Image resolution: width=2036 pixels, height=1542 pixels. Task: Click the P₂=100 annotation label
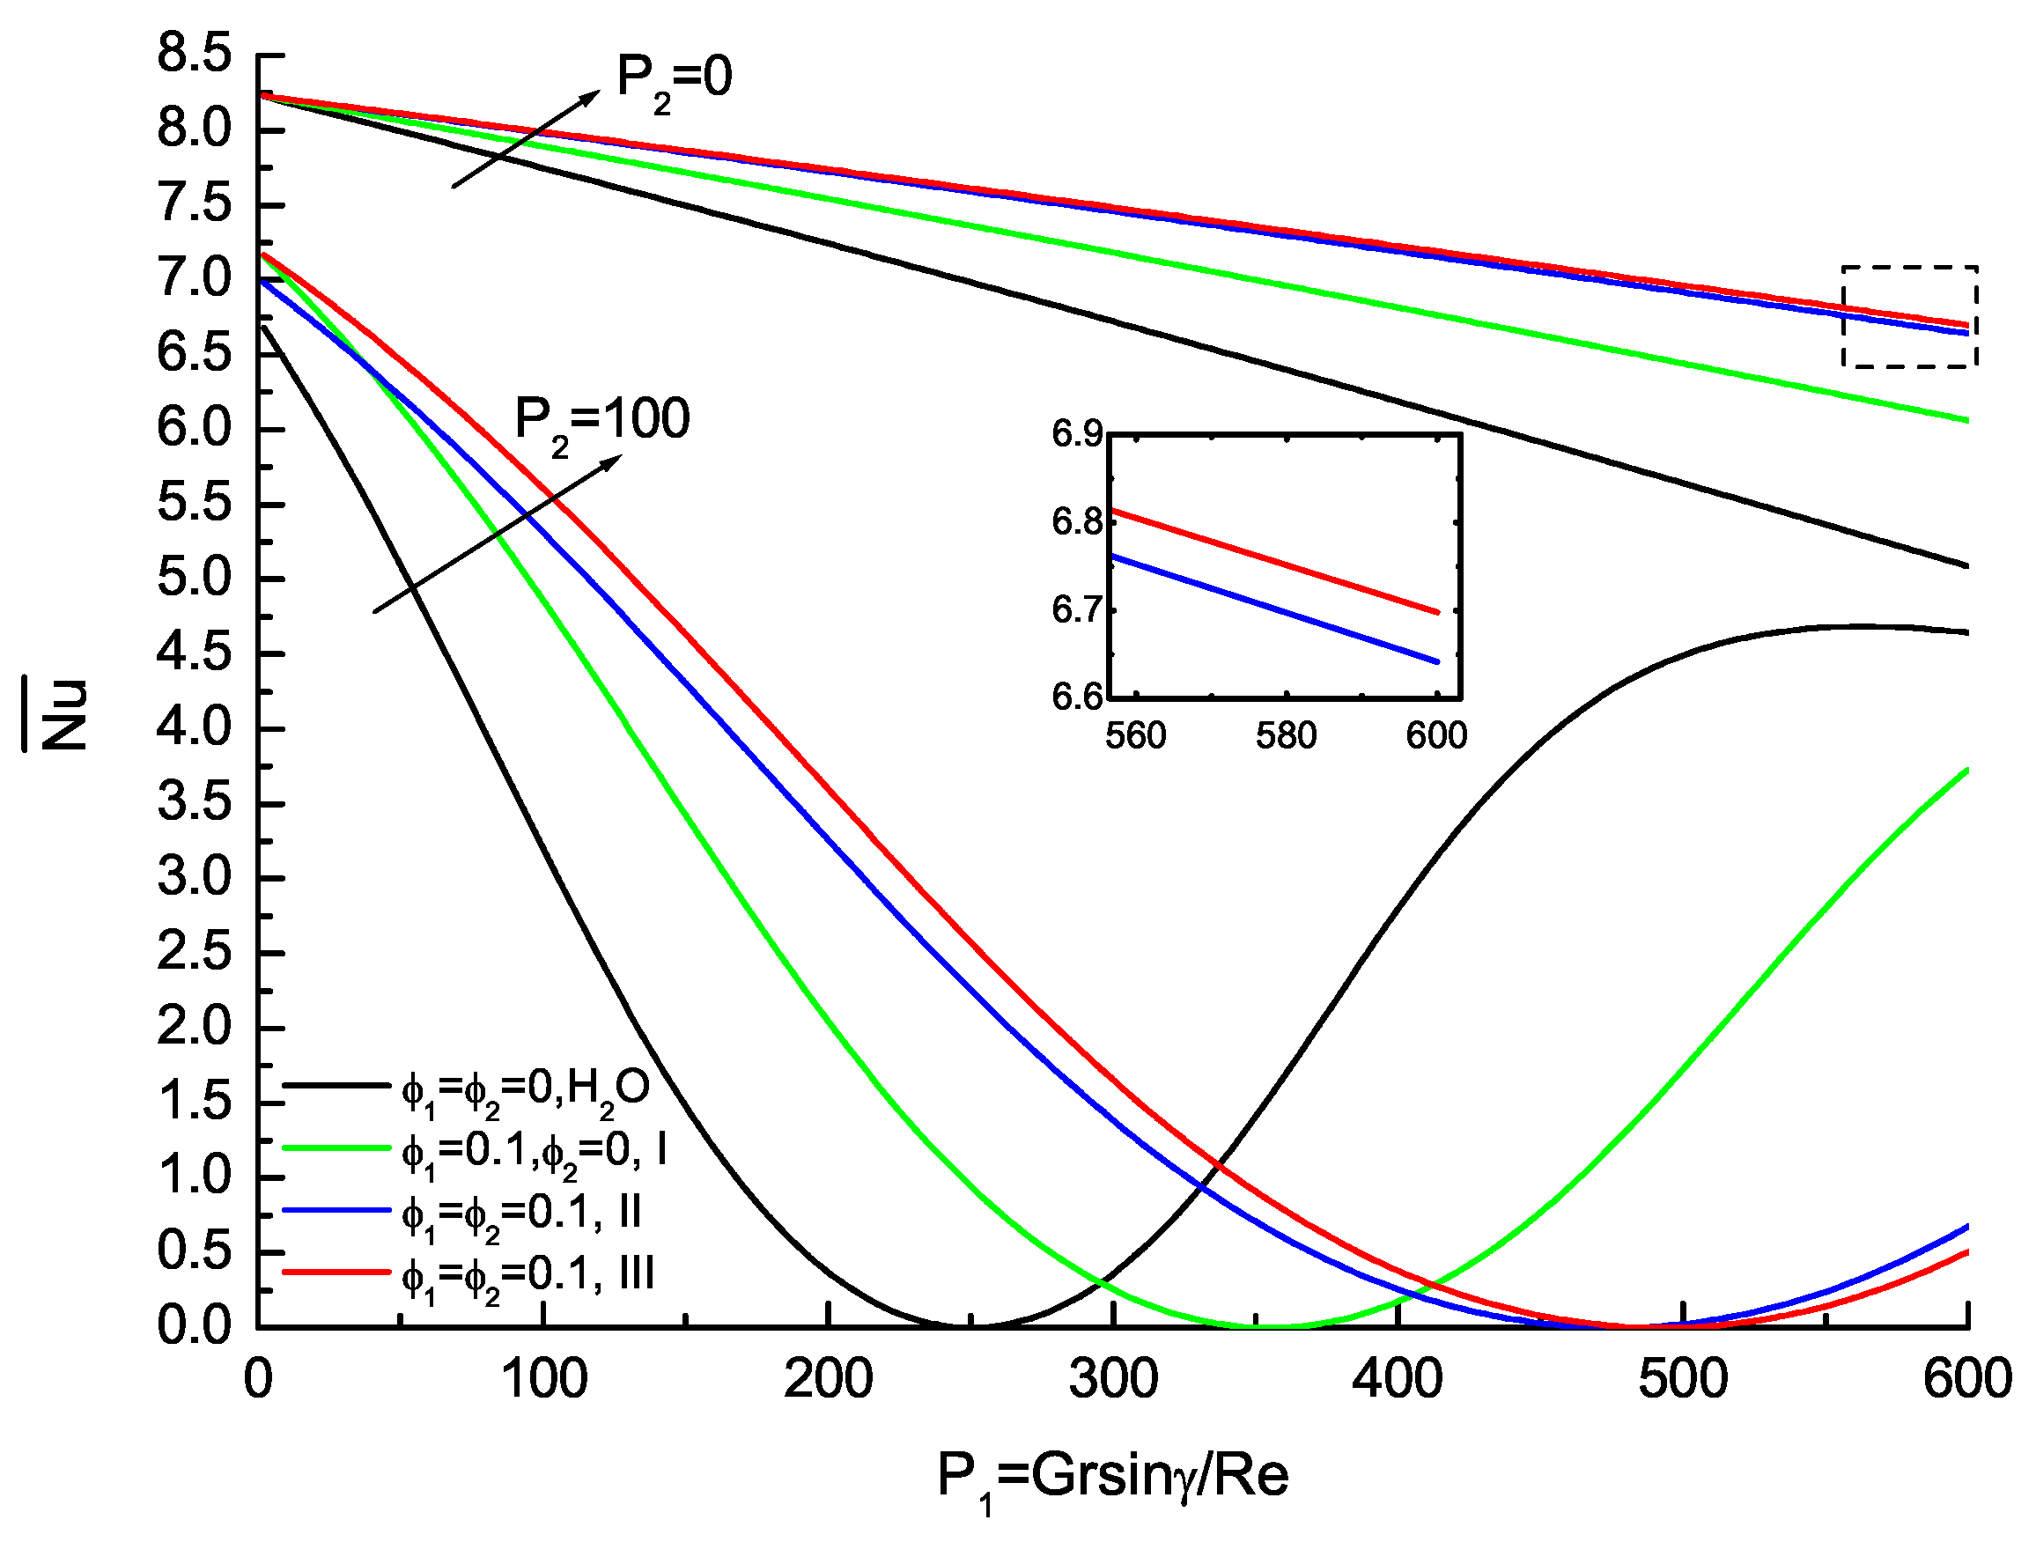tap(601, 423)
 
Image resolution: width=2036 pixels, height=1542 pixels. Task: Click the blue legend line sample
tap(336, 1211)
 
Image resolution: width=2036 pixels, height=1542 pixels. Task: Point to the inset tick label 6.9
tap(1077, 433)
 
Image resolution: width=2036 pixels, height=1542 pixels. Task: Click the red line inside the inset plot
tap(1275, 561)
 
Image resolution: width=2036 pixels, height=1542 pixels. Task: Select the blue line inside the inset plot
tap(1275, 609)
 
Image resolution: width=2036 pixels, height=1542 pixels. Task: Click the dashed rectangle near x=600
tap(1910, 268)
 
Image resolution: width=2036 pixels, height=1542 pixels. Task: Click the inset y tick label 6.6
tap(1077, 697)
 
